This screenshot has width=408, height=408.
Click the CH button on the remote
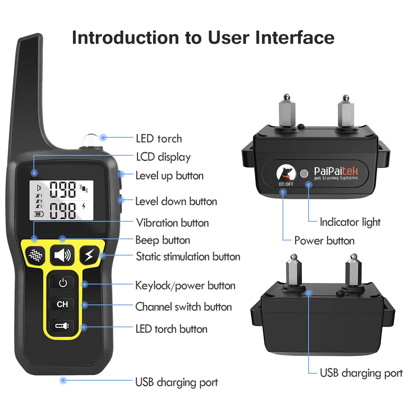[62, 304]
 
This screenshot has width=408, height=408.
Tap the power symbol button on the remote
[63, 282]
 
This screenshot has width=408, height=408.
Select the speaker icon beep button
[62, 255]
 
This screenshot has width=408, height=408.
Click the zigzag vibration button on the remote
[35, 255]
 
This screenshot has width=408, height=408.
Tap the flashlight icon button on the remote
[62, 326]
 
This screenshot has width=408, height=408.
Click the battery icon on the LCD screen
[39, 214]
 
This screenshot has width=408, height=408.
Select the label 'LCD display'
[163, 157]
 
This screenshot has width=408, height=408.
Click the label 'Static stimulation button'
[188, 256]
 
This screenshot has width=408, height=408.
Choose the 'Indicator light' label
[350, 223]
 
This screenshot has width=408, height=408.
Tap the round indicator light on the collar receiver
[304, 173]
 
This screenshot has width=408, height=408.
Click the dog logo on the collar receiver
[286, 172]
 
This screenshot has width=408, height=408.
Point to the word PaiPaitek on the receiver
[336, 171]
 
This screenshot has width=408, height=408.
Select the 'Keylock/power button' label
[185, 286]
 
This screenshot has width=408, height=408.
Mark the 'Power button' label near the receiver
[324, 241]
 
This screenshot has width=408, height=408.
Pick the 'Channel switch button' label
[184, 307]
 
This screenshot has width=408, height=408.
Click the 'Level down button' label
[176, 201]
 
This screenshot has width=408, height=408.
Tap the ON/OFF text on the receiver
[286, 184]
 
